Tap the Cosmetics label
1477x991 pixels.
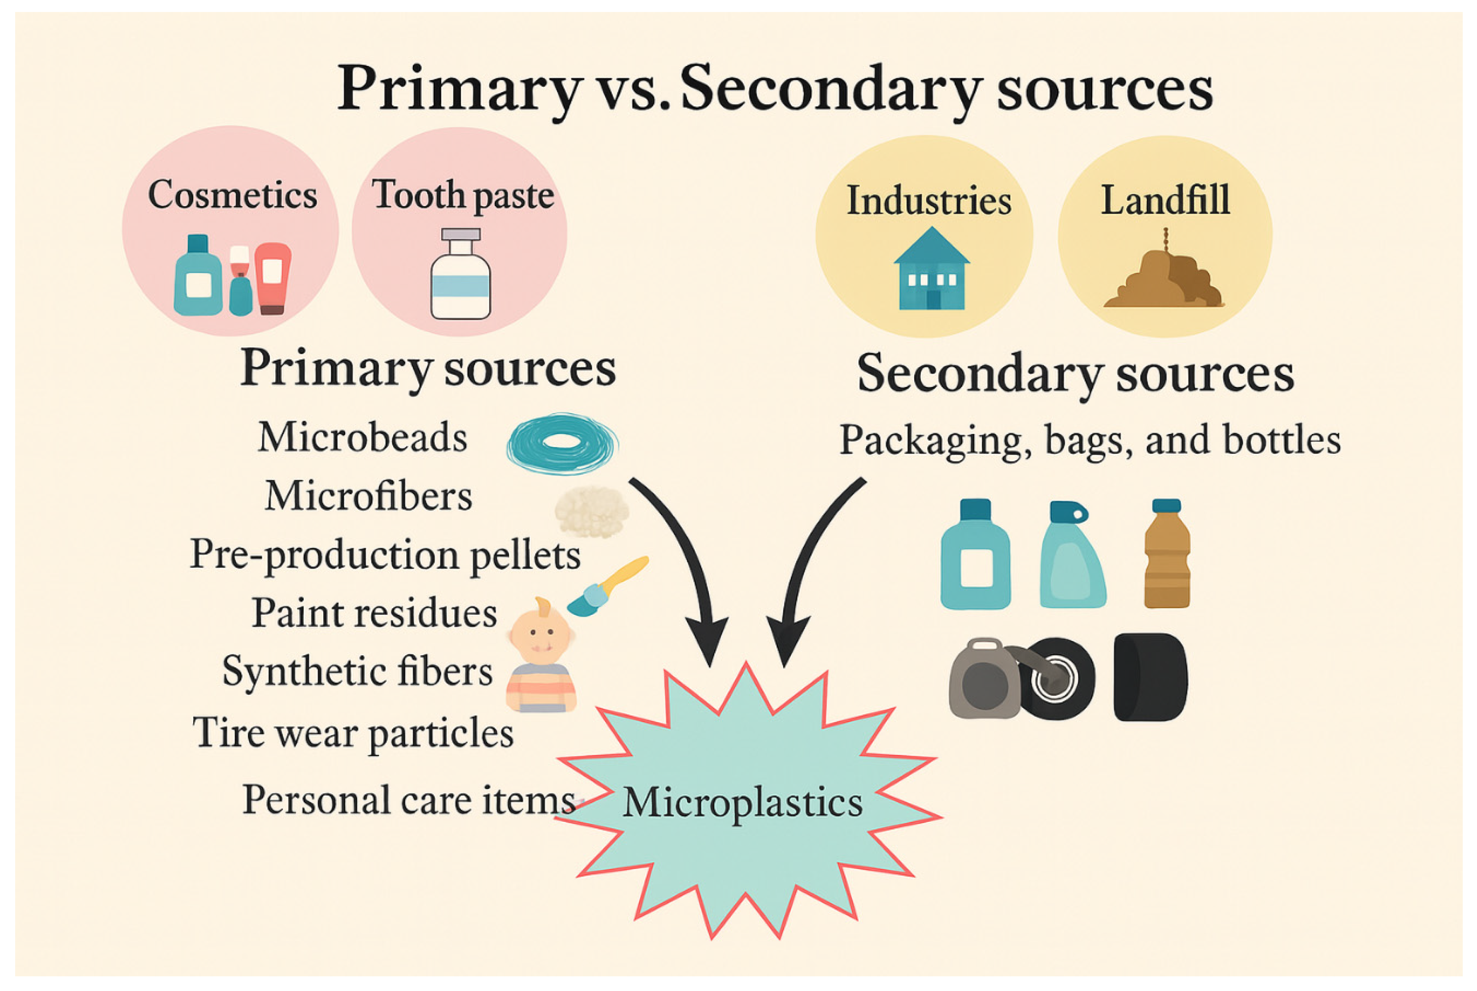pyautogui.click(x=232, y=194)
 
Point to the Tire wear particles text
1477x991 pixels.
pyautogui.click(x=353, y=733)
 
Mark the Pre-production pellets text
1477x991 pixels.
pyautogui.click(x=385, y=554)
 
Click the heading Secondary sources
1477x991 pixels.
pyautogui.click(x=1075, y=374)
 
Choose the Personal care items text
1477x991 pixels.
pyautogui.click(x=408, y=800)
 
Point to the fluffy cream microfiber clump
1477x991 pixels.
pyautogui.click(x=592, y=511)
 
